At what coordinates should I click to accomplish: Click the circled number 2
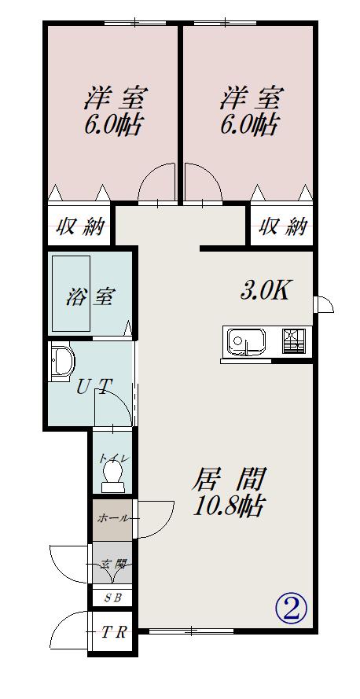click(292, 609)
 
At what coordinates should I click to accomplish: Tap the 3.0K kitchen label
click(266, 291)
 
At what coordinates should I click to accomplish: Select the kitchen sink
click(246, 342)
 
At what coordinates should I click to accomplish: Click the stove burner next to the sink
click(294, 341)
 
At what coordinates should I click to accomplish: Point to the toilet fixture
click(112, 477)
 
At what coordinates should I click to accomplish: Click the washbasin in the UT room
click(61, 362)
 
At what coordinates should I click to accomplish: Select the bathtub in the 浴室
click(72, 293)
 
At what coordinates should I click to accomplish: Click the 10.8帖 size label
click(229, 506)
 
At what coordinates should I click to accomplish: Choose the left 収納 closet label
click(79, 227)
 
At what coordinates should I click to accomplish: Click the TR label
click(113, 631)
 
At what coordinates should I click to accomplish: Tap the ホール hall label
click(113, 518)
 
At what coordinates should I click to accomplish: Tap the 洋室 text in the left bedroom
click(116, 97)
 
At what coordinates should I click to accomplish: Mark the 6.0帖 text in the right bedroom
click(250, 124)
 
